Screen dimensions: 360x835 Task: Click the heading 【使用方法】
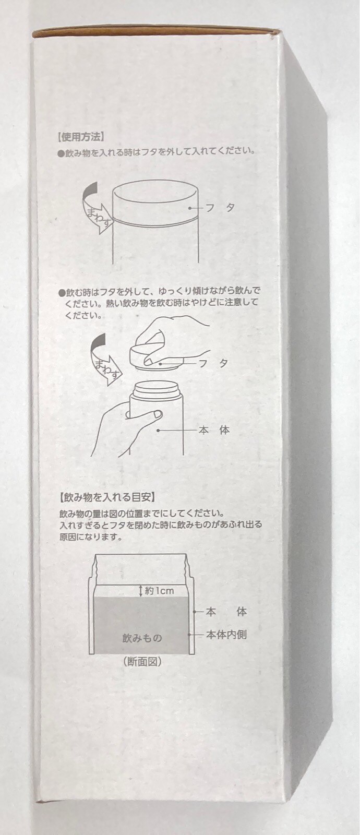[80, 137]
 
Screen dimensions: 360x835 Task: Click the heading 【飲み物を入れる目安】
[106, 497]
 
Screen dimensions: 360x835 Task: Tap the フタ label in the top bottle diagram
[220, 208]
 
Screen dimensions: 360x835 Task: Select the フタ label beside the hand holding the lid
[213, 363]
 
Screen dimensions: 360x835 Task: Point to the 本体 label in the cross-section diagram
[226, 612]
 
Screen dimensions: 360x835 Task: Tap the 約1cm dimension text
[159, 591]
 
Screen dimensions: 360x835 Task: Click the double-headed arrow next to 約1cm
[140, 590]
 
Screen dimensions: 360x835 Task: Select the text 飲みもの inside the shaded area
[142, 638]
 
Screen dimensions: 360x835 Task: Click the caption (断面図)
[141, 661]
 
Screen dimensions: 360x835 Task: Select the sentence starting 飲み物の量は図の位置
[141, 514]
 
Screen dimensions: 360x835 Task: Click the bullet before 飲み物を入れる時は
[62, 153]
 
